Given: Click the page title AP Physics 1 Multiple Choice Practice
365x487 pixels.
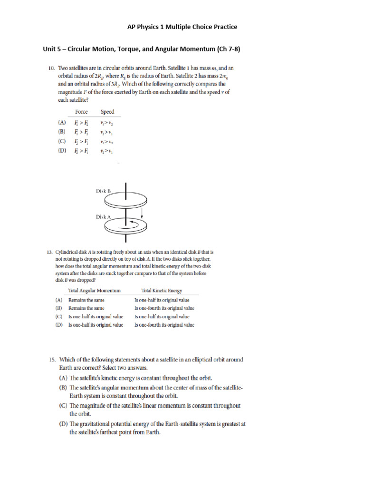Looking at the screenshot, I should [x=182, y=27].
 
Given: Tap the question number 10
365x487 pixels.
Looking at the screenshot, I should [x=52, y=68].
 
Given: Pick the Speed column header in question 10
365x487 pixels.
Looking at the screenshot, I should [x=107, y=112].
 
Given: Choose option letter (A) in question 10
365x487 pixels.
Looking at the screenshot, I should [x=62, y=122].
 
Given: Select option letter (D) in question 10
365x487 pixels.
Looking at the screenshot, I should [x=62, y=151].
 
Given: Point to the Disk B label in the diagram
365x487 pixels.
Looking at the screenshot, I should [x=103, y=191].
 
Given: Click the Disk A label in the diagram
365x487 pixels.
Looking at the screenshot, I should [x=103, y=216].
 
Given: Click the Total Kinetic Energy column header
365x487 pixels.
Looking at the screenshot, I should [x=162, y=290].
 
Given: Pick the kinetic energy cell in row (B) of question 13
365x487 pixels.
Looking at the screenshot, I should [x=164, y=308].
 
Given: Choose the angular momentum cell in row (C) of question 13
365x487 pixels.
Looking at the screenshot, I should [x=96, y=316].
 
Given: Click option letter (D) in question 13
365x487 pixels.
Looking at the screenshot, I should [x=59, y=325].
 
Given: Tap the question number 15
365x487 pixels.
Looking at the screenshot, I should [x=53, y=360].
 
